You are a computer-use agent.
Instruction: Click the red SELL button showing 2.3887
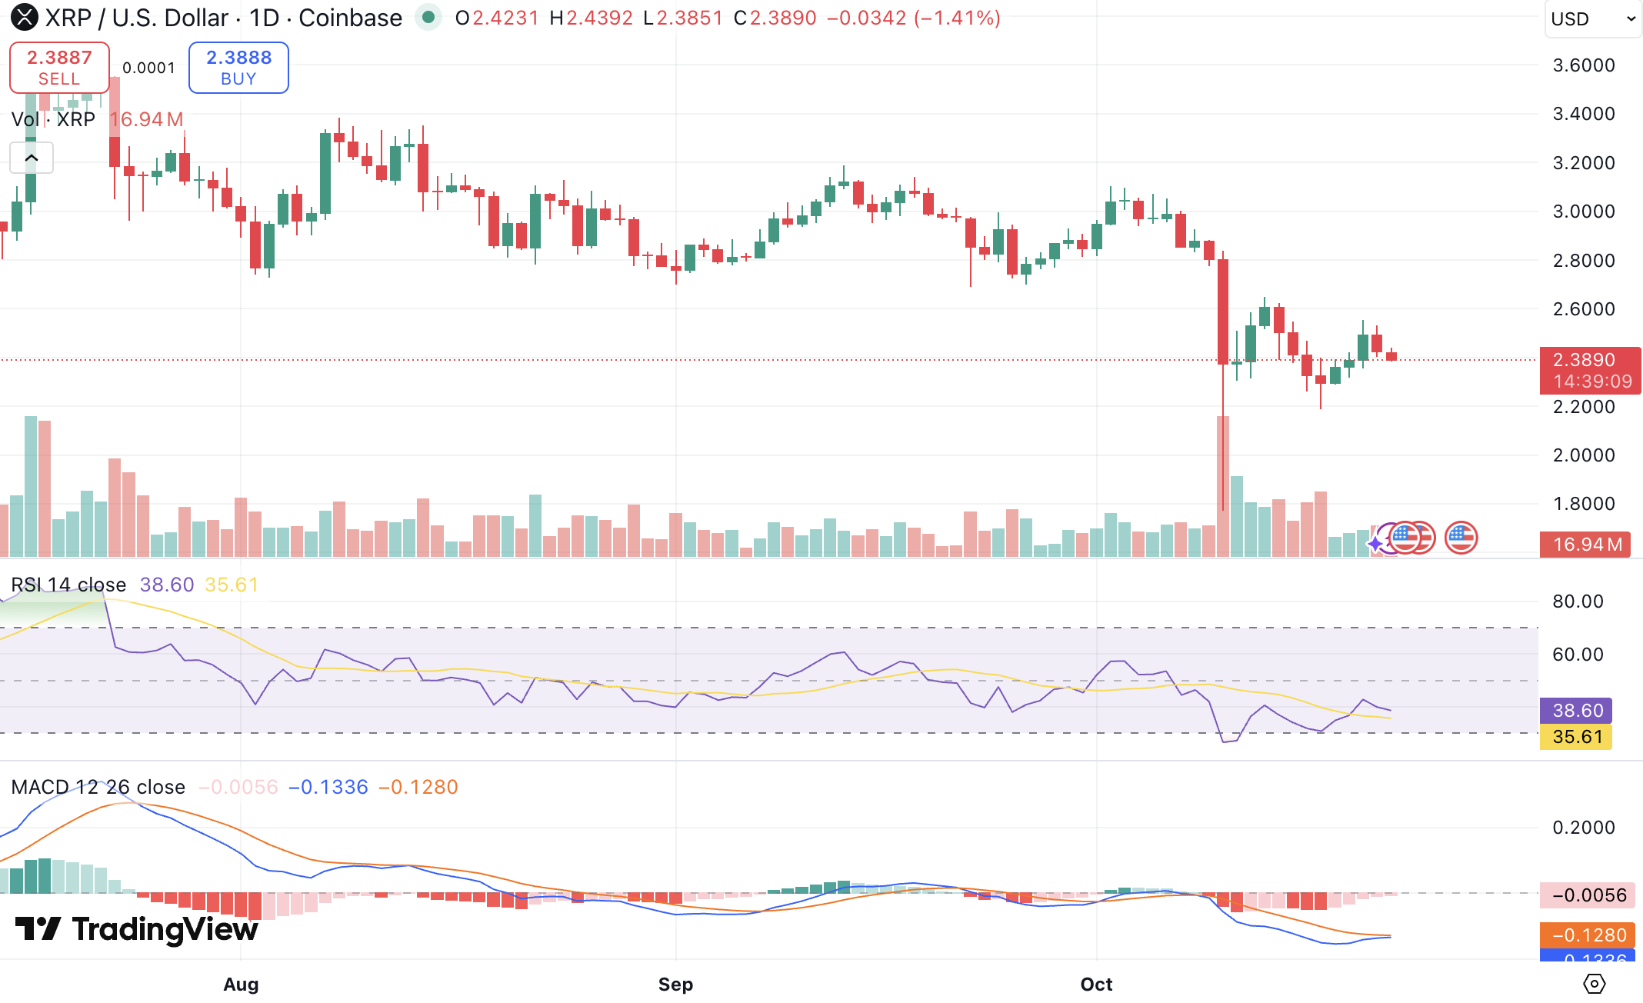pos(59,68)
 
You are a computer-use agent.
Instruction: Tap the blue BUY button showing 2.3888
pos(238,68)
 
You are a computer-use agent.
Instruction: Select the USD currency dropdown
pos(1593,18)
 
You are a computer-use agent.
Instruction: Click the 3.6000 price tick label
pos(1584,65)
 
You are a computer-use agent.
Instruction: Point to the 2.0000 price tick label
pos(1584,455)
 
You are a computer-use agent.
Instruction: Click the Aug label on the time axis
pos(241,984)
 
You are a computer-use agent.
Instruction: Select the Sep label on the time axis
pos(675,984)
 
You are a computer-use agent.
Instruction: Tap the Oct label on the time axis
pos(1096,984)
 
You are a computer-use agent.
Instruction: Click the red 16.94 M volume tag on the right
pos(1586,545)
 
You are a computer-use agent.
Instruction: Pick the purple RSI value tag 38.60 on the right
pos(1577,711)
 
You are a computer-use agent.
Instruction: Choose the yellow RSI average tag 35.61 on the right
pos(1576,737)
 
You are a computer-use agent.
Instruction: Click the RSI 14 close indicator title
pos(68,585)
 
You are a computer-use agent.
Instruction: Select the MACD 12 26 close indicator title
pos(98,787)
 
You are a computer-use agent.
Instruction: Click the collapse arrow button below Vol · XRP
pos(32,158)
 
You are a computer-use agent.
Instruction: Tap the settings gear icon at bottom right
pos(1594,984)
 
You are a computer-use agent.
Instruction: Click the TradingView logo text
pos(137,929)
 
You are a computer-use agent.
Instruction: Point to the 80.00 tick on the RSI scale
pos(1578,601)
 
